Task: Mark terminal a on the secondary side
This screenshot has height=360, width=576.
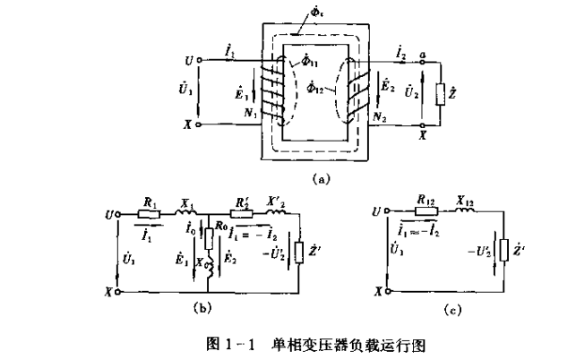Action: coord(422,56)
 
